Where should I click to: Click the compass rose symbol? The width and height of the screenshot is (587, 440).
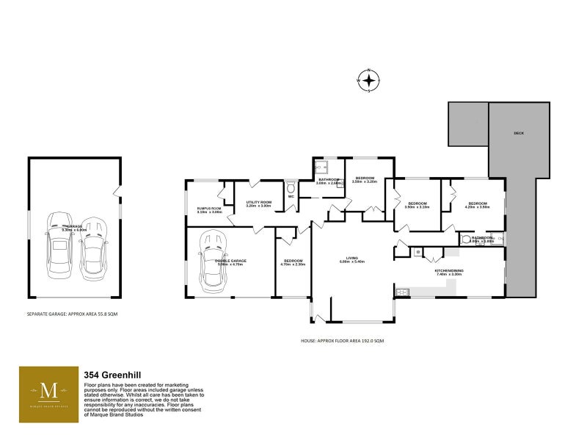coord(368,79)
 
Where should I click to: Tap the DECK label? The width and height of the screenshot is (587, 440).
coord(519,133)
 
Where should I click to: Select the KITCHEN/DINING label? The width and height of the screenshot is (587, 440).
coord(449,270)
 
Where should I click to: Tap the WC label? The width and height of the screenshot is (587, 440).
coord(291,197)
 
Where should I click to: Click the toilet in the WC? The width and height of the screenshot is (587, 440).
coord(291,187)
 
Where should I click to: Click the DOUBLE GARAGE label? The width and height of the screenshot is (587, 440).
coord(230,261)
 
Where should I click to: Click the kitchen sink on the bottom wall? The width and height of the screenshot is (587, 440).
coord(402,292)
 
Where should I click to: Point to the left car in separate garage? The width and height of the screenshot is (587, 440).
coord(59,246)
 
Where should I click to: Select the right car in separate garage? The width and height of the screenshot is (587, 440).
coord(92,248)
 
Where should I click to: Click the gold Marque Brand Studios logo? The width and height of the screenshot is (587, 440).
coord(48,394)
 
